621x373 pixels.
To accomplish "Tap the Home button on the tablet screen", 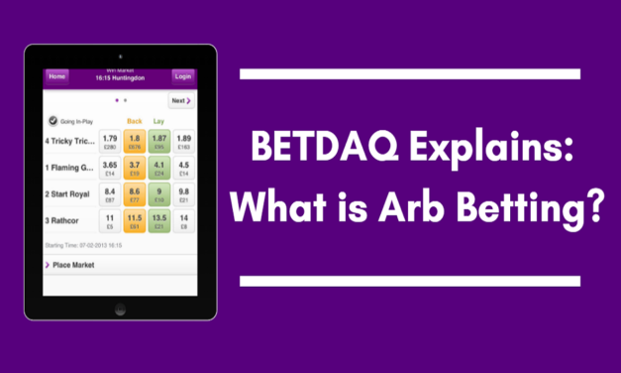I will coord(56,76).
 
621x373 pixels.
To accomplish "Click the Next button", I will coord(180,100).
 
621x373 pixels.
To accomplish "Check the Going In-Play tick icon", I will coord(52,122).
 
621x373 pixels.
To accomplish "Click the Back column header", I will coord(135,121).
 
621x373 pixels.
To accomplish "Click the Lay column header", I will coord(158,121).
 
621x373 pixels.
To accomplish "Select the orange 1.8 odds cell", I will coord(135,143).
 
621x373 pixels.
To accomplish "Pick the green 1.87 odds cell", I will coord(158,143).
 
